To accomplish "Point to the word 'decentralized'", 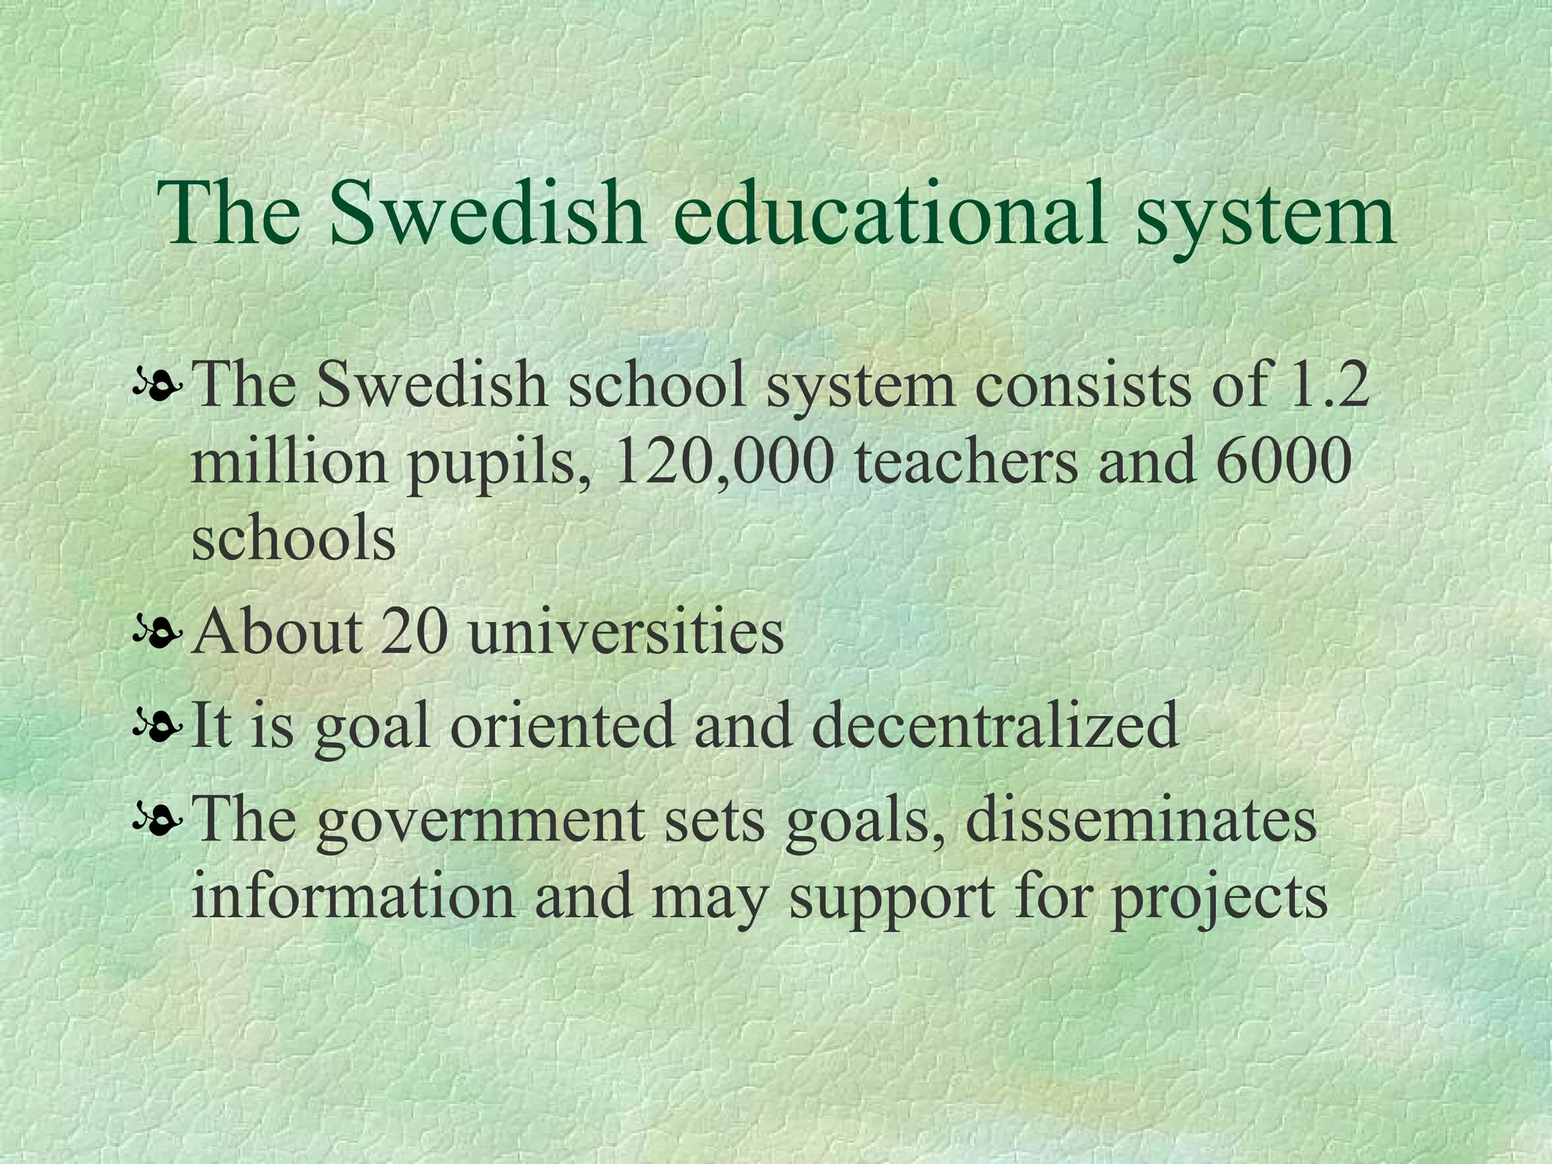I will pyautogui.click(x=995, y=724).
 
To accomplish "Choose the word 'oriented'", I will pyautogui.click(x=562, y=724).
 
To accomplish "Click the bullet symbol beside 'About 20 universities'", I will pyautogui.click(x=157, y=633).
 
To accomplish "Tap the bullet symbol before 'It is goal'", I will pyautogui.click(x=157, y=726).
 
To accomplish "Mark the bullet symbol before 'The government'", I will pyautogui.click(x=157, y=821).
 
